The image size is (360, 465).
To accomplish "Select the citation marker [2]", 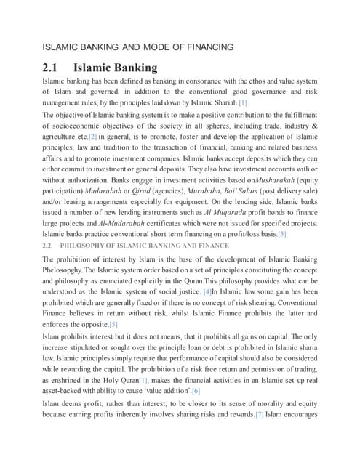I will [x=92, y=136].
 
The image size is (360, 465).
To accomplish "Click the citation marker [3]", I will [x=281, y=234].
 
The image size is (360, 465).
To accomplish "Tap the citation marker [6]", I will [x=196, y=390].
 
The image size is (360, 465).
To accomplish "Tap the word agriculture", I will [x=64, y=136].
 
